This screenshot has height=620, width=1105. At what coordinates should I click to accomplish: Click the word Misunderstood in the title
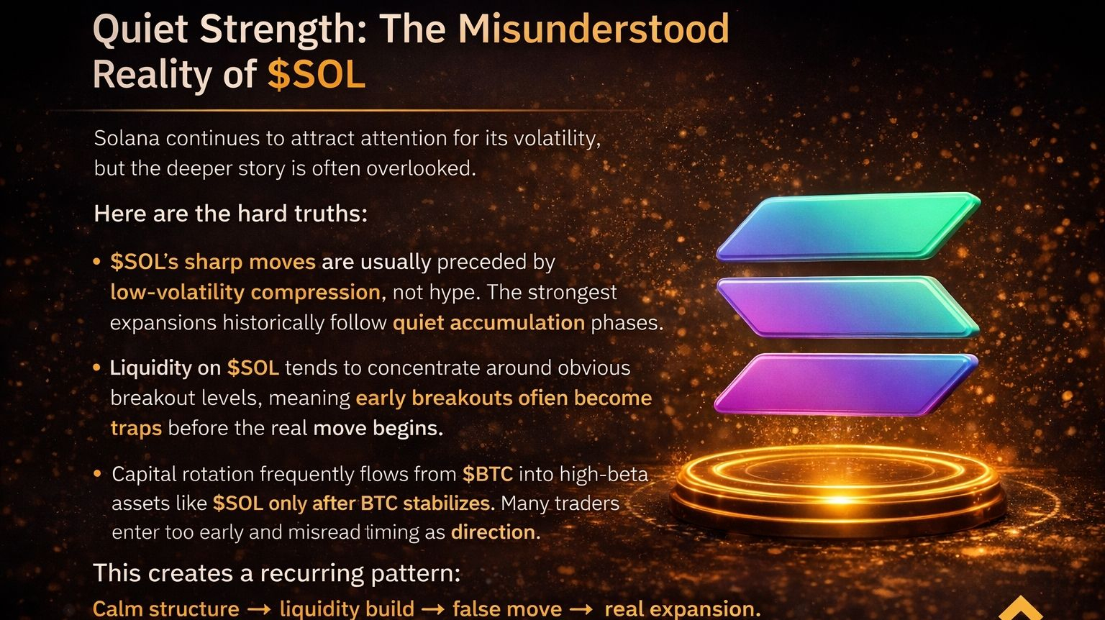[594, 29]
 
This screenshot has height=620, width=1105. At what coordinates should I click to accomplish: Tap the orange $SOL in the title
[317, 75]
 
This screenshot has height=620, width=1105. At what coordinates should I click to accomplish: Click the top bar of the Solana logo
[848, 227]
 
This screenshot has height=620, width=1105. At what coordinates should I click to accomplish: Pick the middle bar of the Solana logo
[848, 307]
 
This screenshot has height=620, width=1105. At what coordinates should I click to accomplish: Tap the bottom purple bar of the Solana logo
[846, 384]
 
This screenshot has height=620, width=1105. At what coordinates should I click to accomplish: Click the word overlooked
[421, 168]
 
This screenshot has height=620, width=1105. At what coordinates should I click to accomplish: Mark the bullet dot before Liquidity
[96, 368]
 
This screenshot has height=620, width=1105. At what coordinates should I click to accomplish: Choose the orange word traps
[136, 429]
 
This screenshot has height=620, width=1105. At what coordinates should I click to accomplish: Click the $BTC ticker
[487, 474]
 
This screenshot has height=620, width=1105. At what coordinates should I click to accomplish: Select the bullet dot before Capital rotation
[97, 473]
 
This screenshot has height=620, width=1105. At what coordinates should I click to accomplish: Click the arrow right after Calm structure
[259, 609]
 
